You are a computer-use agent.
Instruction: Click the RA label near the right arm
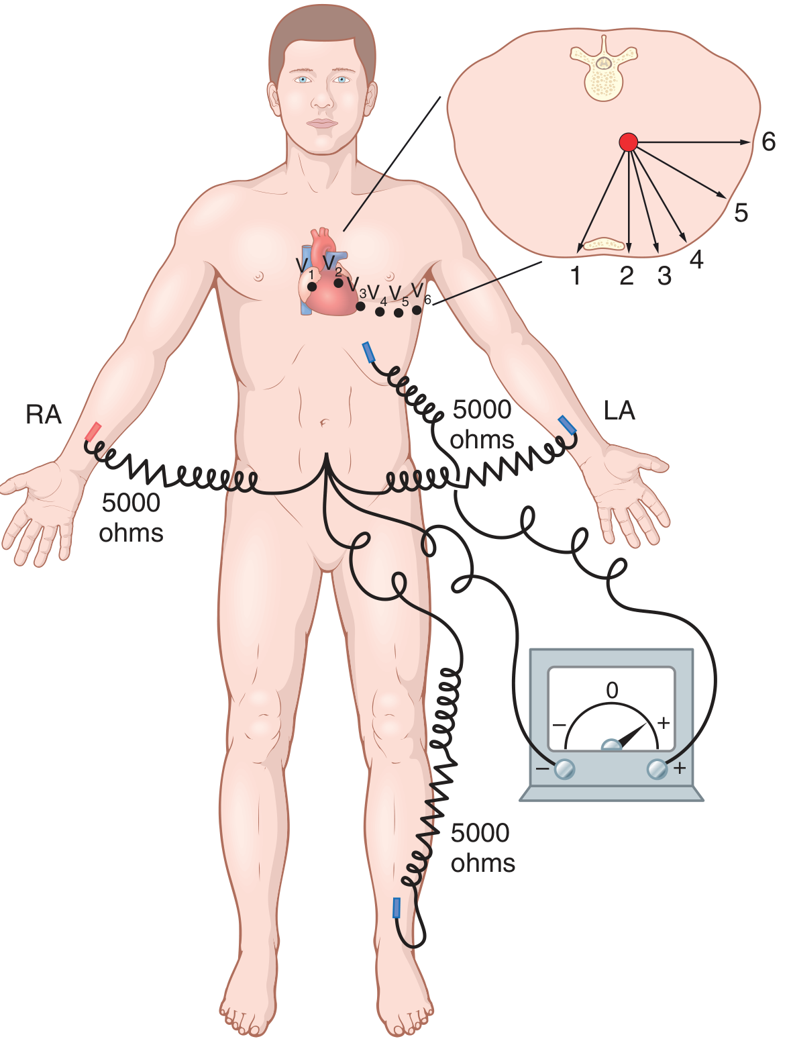pyautogui.click(x=43, y=415)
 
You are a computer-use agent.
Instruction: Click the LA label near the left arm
pyautogui.click(x=619, y=411)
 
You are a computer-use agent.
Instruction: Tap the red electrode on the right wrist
pyautogui.click(x=93, y=432)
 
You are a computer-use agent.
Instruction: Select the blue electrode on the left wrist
pyautogui.click(x=567, y=425)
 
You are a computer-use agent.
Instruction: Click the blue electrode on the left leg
pyautogui.click(x=396, y=907)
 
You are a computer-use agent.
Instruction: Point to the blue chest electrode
pyautogui.click(x=368, y=352)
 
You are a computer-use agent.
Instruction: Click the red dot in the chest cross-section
pyautogui.click(x=628, y=142)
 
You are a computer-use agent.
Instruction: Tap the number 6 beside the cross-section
pyautogui.click(x=768, y=142)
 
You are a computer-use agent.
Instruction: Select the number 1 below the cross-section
pyautogui.click(x=576, y=276)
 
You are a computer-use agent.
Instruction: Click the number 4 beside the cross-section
pyautogui.click(x=696, y=260)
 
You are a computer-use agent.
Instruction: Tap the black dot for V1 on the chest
pyautogui.click(x=311, y=287)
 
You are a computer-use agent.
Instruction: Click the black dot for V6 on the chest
pyautogui.click(x=417, y=310)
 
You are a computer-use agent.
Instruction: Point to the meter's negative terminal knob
pyautogui.click(x=564, y=768)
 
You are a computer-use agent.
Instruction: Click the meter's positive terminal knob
pyautogui.click(x=657, y=768)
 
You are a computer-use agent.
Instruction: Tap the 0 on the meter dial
pyautogui.click(x=612, y=690)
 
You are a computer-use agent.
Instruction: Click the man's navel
pyautogui.click(x=324, y=422)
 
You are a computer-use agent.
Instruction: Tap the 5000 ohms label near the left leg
pyautogui.click(x=482, y=848)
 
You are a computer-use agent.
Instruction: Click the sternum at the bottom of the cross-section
pyautogui.click(x=603, y=244)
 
